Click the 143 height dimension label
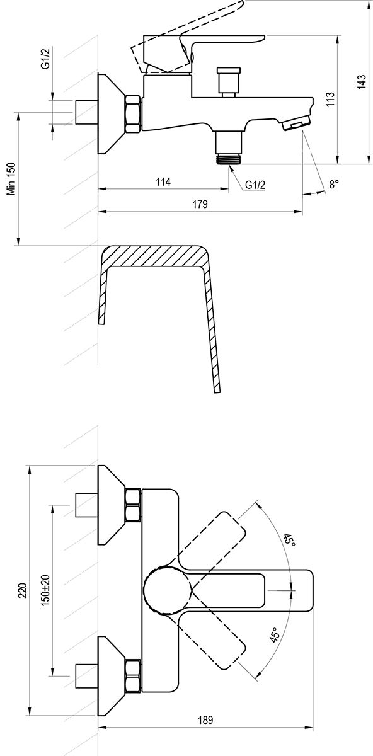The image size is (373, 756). click(361, 82)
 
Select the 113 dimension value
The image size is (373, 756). click(330, 100)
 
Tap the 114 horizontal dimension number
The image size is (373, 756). click(163, 182)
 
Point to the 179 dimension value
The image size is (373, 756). click(200, 204)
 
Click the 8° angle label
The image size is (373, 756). click(334, 184)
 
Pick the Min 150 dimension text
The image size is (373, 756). click(12, 178)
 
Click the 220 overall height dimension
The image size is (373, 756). click(23, 590)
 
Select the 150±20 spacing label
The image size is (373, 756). click(45, 590)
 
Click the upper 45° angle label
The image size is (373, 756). click(289, 541)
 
